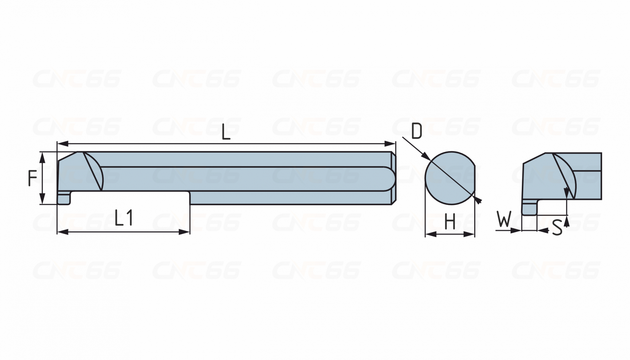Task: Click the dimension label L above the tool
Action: click(226, 132)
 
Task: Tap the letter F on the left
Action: click(33, 178)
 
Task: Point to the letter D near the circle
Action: click(416, 131)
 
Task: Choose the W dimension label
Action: click(504, 220)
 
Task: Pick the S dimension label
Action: click(556, 227)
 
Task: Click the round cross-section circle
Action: click(450, 178)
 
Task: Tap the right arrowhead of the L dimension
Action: click(390, 144)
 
